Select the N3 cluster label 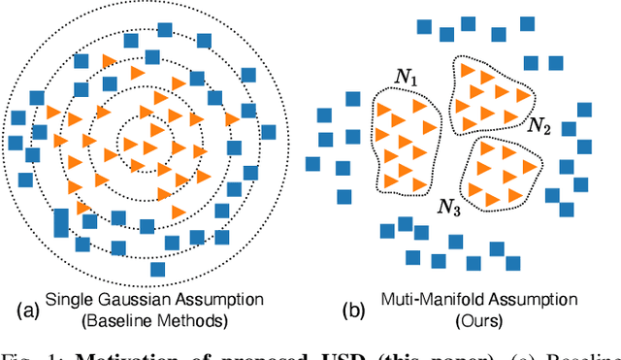[449, 205]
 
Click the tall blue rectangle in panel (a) [61, 221]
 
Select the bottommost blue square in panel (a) [157, 268]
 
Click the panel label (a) [25, 310]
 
